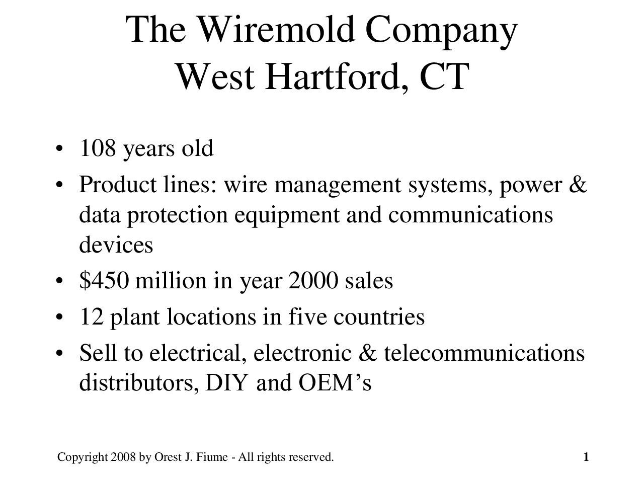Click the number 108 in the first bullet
pyautogui.click(x=98, y=148)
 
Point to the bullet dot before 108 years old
pyautogui.click(x=59, y=148)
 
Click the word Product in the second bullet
pyautogui.click(x=118, y=185)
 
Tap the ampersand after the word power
pyautogui.click(x=578, y=185)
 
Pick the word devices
pyautogui.click(x=116, y=245)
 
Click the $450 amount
pyautogui.click(x=104, y=281)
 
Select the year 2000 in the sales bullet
pyautogui.click(x=313, y=281)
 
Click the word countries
pyautogui.click(x=379, y=317)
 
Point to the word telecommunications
pyautogui.click(x=485, y=353)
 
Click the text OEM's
pyautogui.click(x=335, y=382)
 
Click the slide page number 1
pyautogui.click(x=586, y=457)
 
